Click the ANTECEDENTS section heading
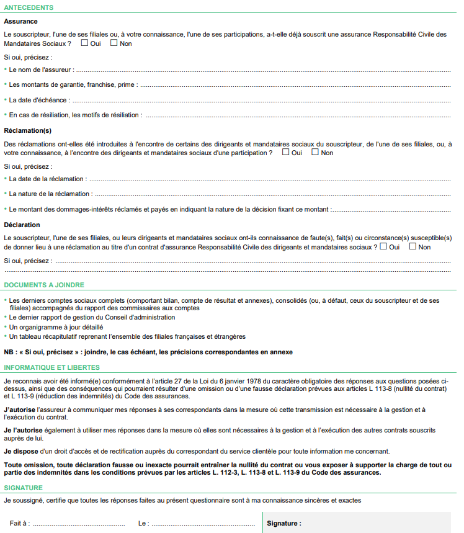pyautogui.click(x=29, y=7)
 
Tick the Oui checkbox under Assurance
pyautogui.click(x=85, y=43)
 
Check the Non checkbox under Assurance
pyautogui.click(x=114, y=43)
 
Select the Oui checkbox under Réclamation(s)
pyautogui.click(x=286, y=152)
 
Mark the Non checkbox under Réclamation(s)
pyautogui.click(x=315, y=152)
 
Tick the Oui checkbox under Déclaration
pyautogui.click(x=384, y=246)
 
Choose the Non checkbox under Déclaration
pyautogui.click(x=413, y=246)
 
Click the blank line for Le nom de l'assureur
pyautogui.click(x=261, y=70)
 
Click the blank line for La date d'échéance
pyautogui.click(x=261, y=100)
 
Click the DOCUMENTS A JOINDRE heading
pyautogui.click(x=44, y=285)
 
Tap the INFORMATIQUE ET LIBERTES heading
pyautogui.click(x=51, y=367)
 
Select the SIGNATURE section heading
pyautogui.click(x=23, y=488)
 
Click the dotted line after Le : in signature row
pyautogui.click(x=205, y=524)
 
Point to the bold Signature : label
pyautogui.click(x=284, y=523)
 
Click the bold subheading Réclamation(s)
pyautogui.click(x=27, y=130)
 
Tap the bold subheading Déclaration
pyautogui.click(x=22, y=225)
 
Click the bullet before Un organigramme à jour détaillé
pyautogui.click(x=6, y=327)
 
